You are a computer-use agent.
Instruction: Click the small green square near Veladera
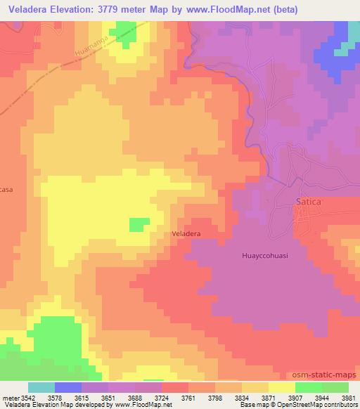[x=139, y=224]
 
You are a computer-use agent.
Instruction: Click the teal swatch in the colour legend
[x=41, y=387]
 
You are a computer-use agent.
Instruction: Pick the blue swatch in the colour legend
[x=68, y=387]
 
